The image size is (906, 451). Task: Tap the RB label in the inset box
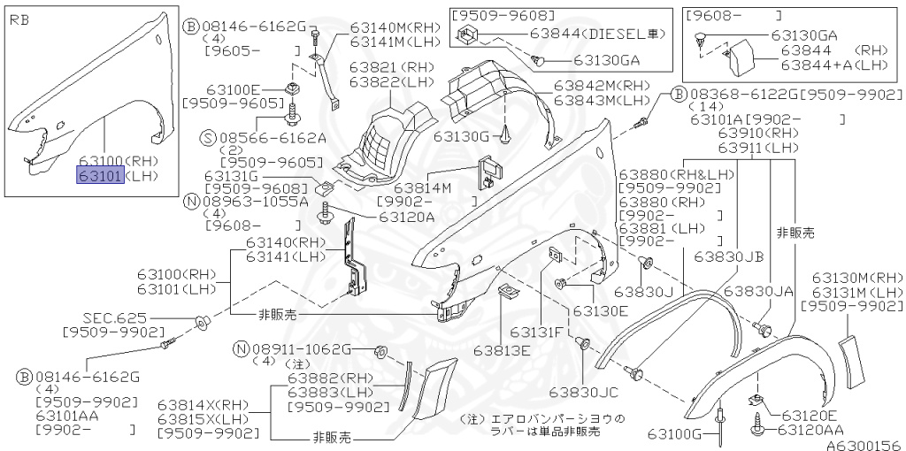click(19, 18)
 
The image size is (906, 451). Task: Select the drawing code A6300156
click(864, 445)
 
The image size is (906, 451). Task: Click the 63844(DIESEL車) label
click(596, 34)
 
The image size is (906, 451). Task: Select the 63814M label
click(422, 187)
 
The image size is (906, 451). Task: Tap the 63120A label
click(406, 216)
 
